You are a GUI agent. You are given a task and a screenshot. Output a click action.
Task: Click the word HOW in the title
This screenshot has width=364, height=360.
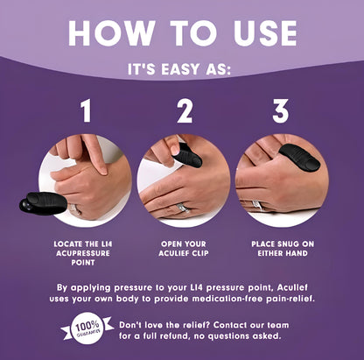click(111, 32)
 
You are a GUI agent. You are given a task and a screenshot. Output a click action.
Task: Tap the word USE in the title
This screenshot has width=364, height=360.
click(265, 32)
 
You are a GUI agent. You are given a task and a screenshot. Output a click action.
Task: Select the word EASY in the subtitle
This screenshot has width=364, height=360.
click(178, 69)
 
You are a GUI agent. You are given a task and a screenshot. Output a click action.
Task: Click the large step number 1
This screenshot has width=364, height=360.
click(86, 110)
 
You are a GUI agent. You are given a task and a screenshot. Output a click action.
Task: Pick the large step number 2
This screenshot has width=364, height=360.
click(185, 110)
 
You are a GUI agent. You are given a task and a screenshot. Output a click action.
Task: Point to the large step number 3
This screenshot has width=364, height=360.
click(281, 110)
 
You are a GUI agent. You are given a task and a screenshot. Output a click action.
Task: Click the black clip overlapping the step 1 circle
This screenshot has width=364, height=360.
click(43, 203)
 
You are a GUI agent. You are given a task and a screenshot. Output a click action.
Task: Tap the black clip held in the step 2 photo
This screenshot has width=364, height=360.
click(187, 156)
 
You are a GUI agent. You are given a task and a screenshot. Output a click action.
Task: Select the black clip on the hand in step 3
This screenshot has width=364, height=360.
click(299, 157)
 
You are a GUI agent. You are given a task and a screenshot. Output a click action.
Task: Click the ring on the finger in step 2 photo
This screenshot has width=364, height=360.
click(183, 208)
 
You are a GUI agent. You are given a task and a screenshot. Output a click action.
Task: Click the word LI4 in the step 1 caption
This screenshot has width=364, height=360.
click(105, 244)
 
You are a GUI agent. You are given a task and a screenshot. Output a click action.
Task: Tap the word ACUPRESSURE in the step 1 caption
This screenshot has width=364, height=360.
click(83, 253)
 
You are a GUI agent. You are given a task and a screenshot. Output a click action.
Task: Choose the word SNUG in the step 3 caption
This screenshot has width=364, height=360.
click(285, 244)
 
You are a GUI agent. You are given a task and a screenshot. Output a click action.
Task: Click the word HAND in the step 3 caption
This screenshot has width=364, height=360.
click(296, 253)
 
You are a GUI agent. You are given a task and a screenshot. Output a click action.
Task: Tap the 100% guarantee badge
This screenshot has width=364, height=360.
click(87, 328)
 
